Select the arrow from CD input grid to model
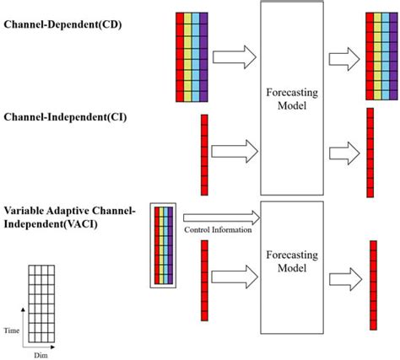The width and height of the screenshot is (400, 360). point(232,58)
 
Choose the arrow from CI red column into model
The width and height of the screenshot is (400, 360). point(232,153)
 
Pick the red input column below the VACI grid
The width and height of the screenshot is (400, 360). point(203,280)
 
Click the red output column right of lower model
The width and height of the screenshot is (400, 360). point(372,284)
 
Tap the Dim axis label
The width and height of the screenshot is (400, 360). point(40,354)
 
